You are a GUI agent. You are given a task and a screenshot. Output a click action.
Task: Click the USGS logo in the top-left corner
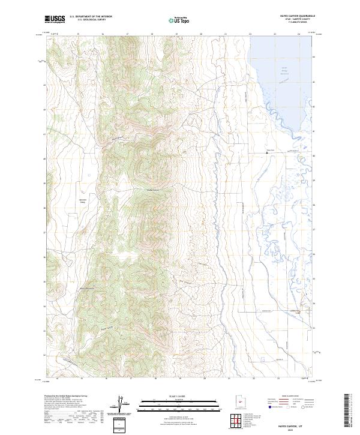(x=55, y=19)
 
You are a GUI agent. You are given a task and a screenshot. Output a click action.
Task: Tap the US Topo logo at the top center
(x=180, y=20)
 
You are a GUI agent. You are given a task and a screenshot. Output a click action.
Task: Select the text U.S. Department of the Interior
(x=91, y=16)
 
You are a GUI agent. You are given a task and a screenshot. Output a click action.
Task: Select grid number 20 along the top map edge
(x=201, y=34)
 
